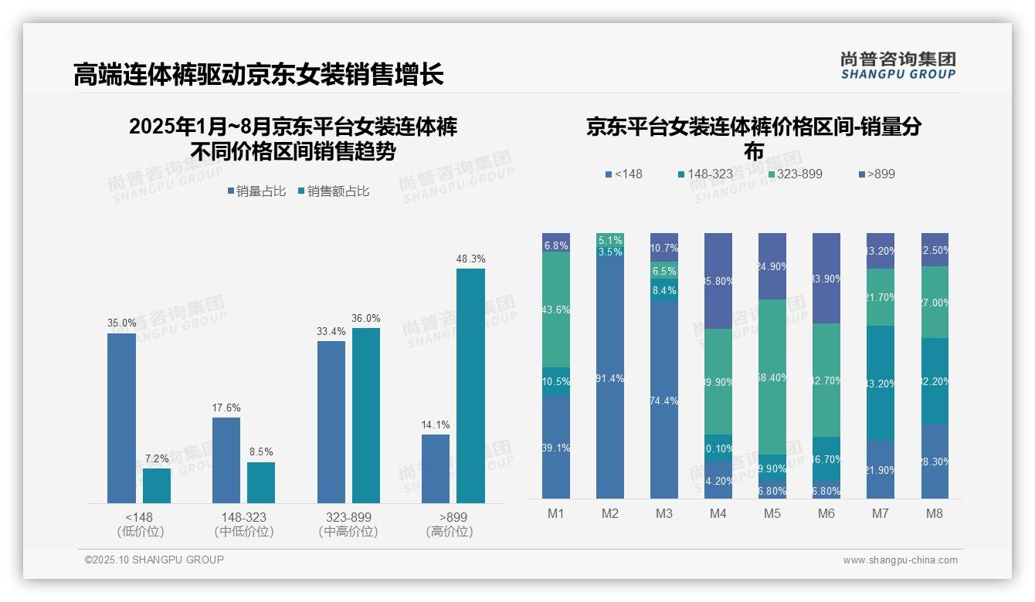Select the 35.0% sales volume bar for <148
[x=121, y=418]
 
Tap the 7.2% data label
[x=156, y=459]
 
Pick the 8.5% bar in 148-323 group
[x=261, y=482]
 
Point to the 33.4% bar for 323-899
[x=331, y=422]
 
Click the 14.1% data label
[x=436, y=425]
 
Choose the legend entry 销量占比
[x=256, y=191]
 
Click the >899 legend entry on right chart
[x=876, y=174]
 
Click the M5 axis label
[x=772, y=514]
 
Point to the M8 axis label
[x=935, y=514]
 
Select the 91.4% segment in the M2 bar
[x=610, y=378]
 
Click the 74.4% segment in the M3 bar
[x=664, y=401]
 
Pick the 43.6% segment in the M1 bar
[x=556, y=309]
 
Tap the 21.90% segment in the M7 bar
[x=881, y=470]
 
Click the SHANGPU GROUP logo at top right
[x=898, y=66]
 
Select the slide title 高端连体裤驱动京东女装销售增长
[x=259, y=75]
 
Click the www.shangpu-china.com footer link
[x=900, y=560]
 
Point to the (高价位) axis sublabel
[x=449, y=532]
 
